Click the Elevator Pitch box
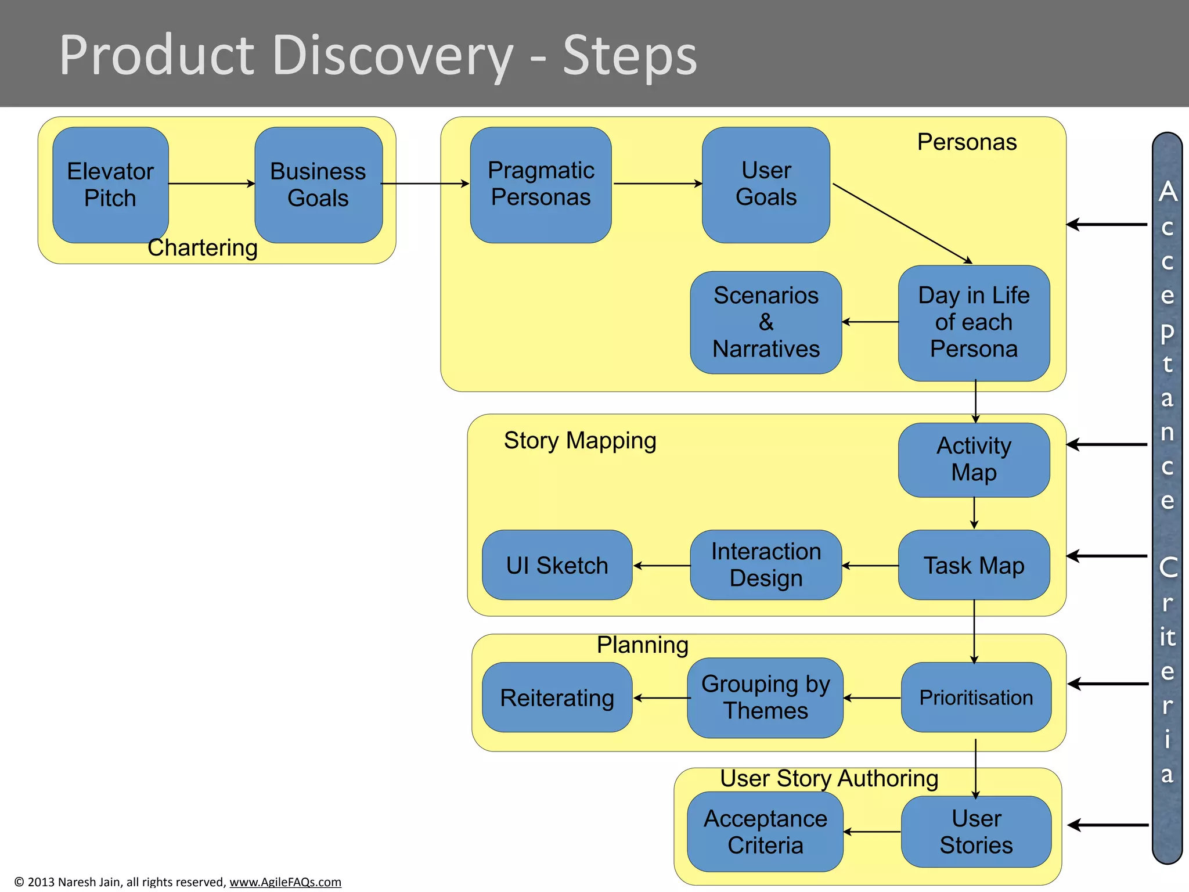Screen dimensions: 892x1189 click(x=110, y=185)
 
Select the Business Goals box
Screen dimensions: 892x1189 click(x=318, y=185)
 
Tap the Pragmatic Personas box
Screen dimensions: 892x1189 click(x=541, y=185)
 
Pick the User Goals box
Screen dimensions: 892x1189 click(x=766, y=185)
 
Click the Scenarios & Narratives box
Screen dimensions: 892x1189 click(x=766, y=322)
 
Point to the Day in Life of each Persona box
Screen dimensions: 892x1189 click(x=974, y=323)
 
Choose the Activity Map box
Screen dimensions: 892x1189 click(x=974, y=459)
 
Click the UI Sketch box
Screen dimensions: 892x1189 click(x=557, y=565)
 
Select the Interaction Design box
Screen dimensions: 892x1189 click(x=766, y=565)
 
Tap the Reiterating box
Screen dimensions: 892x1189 click(x=557, y=697)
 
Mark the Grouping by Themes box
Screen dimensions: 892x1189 click(x=765, y=697)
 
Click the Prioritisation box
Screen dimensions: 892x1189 click(x=976, y=697)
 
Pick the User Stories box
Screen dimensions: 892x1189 click(x=976, y=832)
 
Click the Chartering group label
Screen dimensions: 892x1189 click(x=202, y=248)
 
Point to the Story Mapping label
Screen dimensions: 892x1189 click(x=579, y=440)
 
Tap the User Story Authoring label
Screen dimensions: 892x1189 click(x=828, y=778)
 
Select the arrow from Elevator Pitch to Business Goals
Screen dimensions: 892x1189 click(x=211, y=184)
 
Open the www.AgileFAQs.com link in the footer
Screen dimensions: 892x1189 click(x=285, y=882)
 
